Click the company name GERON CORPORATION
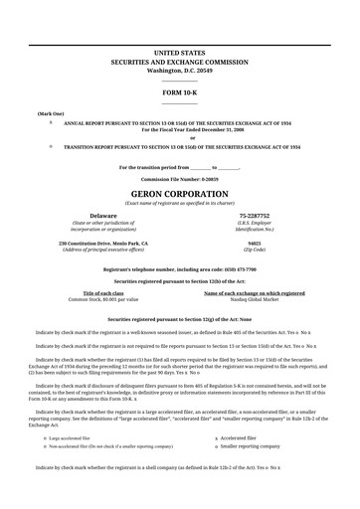point(180,192)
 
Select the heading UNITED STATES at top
point(180,50)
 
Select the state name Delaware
point(103,215)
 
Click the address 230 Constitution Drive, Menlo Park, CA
point(103,243)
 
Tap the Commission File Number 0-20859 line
point(180,178)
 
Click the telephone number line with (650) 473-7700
point(180,268)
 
